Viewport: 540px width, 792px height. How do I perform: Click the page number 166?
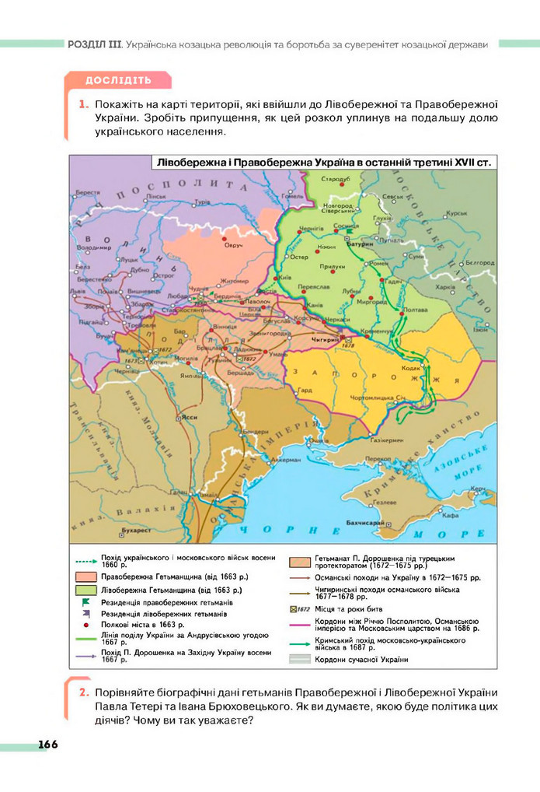pos(47,745)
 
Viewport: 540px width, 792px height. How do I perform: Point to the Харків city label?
pos(444,286)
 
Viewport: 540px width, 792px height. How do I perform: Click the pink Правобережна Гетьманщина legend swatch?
pos(89,577)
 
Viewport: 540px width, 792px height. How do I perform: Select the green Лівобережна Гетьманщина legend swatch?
pos(89,590)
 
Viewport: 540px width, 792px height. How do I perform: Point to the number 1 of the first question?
pos(82,103)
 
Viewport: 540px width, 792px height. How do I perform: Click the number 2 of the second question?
pos(82,693)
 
